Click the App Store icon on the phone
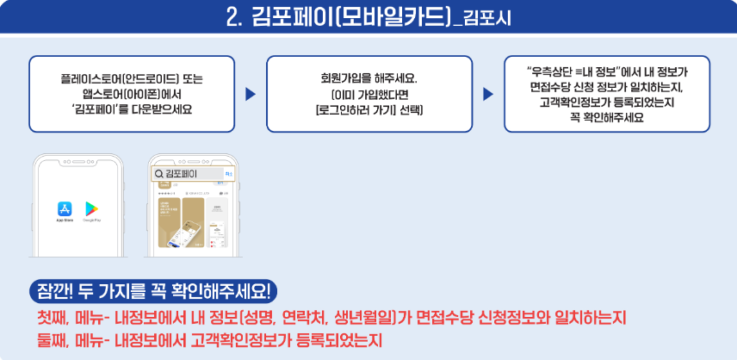point(64,209)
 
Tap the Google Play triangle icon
point(89,209)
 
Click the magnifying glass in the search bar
point(158,175)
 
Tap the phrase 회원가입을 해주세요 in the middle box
point(369,78)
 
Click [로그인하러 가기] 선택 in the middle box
point(369,110)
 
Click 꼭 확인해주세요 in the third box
point(607,116)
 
